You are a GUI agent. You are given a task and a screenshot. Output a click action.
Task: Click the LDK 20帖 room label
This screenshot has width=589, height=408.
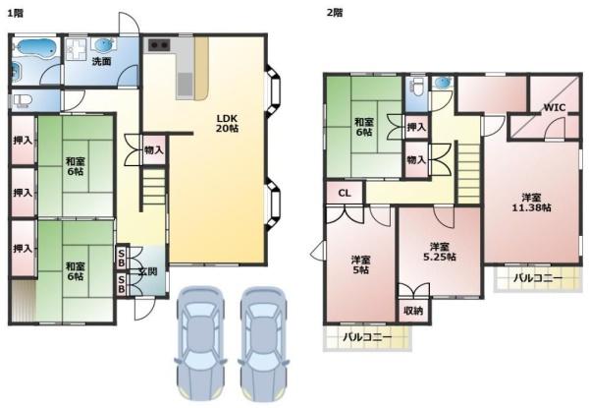(x=227, y=123)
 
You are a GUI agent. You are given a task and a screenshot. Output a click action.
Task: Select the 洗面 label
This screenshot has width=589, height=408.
(x=102, y=62)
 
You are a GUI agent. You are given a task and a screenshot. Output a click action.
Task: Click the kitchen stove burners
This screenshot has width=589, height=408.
(x=159, y=45)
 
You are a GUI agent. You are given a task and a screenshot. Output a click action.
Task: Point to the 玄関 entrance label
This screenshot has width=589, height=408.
(x=147, y=271)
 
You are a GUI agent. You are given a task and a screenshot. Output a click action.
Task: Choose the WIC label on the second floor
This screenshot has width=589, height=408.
(x=555, y=107)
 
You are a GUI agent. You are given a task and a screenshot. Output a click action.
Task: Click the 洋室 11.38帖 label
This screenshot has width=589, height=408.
(x=531, y=203)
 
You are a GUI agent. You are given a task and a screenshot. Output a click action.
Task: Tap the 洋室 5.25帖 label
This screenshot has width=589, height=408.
(x=440, y=252)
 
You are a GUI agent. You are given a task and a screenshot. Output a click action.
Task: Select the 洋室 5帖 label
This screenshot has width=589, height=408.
(x=360, y=264)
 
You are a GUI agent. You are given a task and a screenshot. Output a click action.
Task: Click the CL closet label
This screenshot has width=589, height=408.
(x=345, y=194)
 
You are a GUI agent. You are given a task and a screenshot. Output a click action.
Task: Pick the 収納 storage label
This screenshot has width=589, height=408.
(x=413, y=311)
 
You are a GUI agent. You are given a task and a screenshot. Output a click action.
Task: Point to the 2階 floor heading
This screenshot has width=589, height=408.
(x=335, y=13)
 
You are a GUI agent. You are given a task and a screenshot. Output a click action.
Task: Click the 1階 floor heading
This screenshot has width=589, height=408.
(x=16, y=13)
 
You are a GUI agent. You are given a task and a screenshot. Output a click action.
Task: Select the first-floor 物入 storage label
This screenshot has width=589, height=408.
(x=154, y=150)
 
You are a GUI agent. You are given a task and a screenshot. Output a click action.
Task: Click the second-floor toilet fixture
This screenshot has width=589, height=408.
(x=417, y=86)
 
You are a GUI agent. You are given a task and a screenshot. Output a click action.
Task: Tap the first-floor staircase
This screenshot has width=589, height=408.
(x=154, y=187)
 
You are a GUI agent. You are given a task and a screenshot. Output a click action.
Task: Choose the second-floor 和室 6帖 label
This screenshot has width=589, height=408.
(x=363, y=127)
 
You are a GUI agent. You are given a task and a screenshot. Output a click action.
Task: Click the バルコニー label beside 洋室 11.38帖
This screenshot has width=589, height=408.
(x=538, y=278)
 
